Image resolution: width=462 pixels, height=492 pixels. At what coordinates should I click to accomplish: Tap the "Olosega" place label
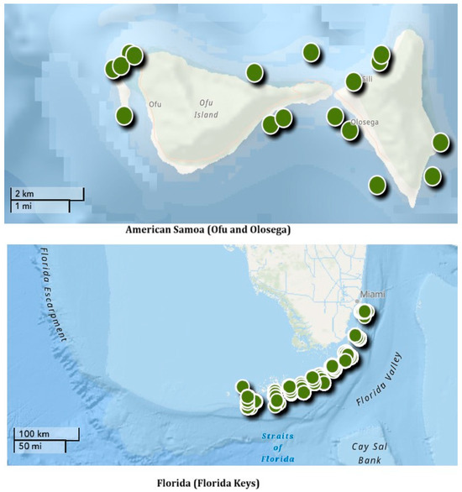point(364,121)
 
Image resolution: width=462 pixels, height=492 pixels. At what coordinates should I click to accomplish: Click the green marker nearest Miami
point(365,312)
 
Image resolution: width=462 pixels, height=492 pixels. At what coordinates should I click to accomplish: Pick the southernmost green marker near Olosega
point(378,185)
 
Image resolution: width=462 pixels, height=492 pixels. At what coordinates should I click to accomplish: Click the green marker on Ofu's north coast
point(255,73)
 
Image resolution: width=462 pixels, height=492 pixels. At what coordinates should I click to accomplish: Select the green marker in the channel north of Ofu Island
point(312,52)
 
